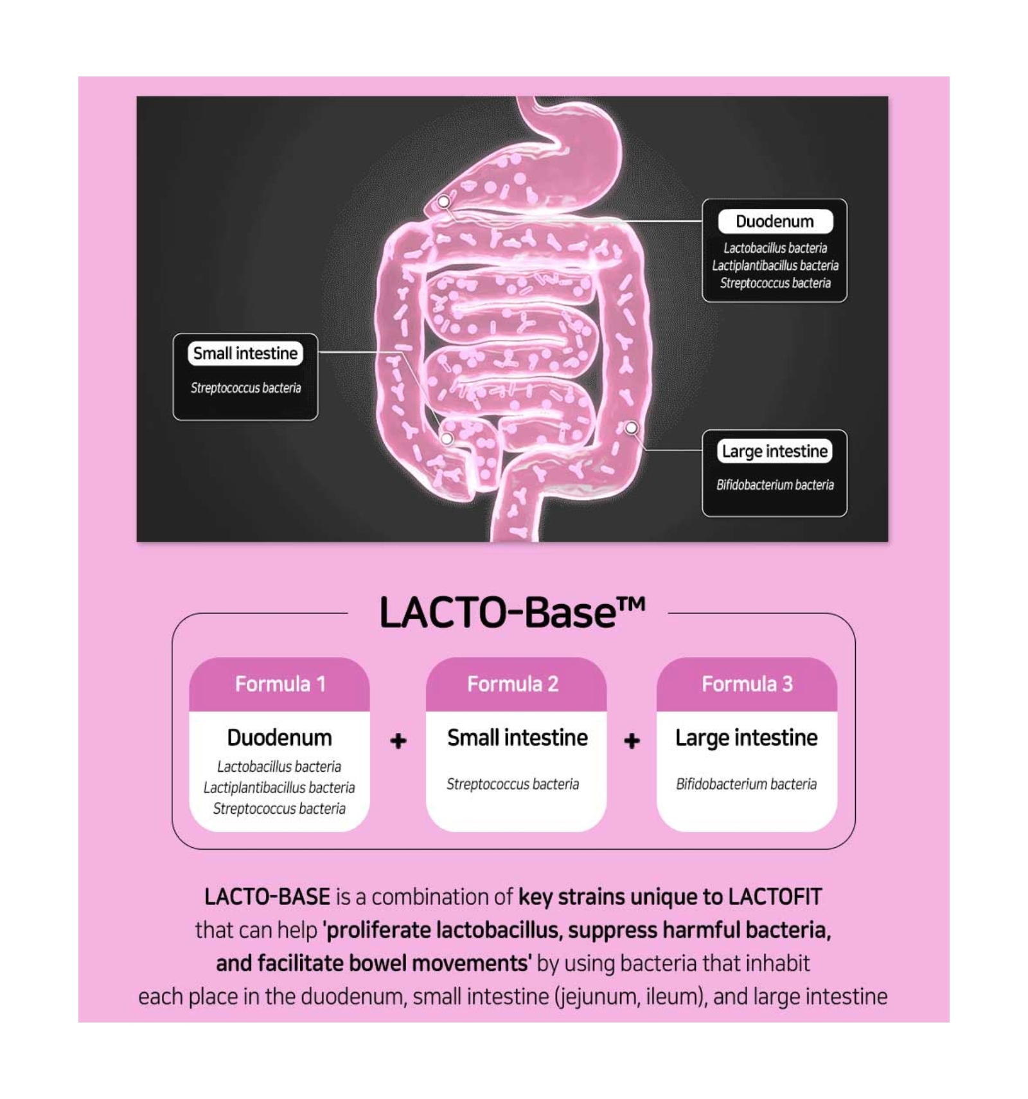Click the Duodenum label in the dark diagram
(775, 222)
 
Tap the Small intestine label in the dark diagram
(245, 353)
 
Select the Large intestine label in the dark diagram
(775, 451)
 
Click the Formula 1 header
(279, 684)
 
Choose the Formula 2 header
(513, 684)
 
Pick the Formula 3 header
(747, 684)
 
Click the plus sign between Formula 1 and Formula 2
(398, 741)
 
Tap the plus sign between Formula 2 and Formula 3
(632, 741)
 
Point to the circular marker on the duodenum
(443, 202)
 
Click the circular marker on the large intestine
(632, 427)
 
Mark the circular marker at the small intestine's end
(447, 438)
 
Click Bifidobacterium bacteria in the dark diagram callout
(775, 485)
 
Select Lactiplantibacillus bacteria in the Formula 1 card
(279, 787)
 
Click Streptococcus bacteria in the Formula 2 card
(513, 784)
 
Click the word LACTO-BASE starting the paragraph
(267, 897)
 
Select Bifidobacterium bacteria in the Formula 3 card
(746, 784)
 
